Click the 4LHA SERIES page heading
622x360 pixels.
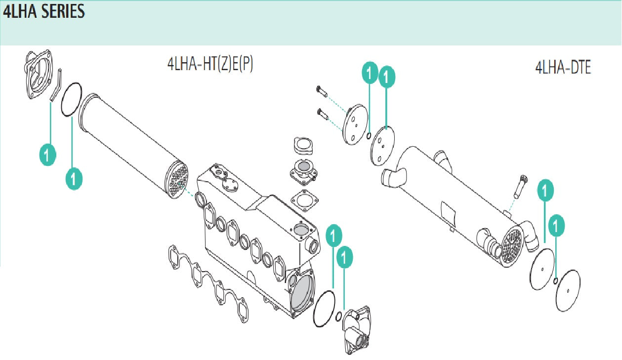click(44, 12)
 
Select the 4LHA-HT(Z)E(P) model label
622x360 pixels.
click(210, 64)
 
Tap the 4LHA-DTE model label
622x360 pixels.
click(563, 68)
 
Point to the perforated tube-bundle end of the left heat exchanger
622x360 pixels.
click(176, 180)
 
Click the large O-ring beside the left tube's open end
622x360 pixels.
click(71, 99)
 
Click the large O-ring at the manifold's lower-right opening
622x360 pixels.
click(324, 308)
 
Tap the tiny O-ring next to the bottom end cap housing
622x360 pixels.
click(338, 317)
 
